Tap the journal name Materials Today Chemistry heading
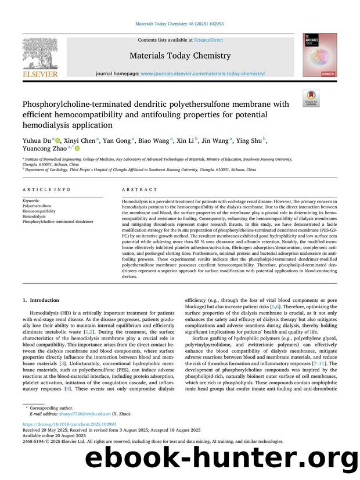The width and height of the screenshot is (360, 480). tap(180, 56)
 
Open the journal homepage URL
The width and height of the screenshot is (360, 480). tap(203, 74)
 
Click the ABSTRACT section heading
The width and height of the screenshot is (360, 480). tap(139, 190)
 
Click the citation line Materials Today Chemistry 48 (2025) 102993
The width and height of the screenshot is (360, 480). tap(179, 24)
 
